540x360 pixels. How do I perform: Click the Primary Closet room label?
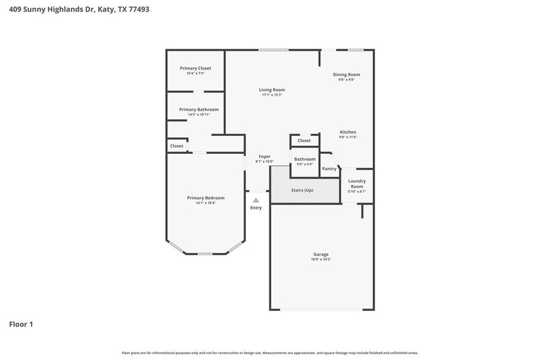tap(195, 68)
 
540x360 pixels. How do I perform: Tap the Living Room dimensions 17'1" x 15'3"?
tap(271, 95)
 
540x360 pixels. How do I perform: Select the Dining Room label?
tap(346, 75)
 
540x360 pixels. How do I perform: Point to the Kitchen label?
tap(348, 132)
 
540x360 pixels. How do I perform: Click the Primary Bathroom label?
tap(198, 110)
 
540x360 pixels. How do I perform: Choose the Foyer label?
tap(264, 157)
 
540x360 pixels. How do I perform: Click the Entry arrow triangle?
tap(256, 200)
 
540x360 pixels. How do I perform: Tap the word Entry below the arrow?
tap(256, 208)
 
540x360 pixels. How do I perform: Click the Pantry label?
tap(329, 169)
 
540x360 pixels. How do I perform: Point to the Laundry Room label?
tap(357, 183)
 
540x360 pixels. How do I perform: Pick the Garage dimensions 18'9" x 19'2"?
tap(321, 260)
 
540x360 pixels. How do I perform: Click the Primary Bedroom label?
tap(206, 198)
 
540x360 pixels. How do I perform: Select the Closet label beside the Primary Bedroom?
tap(176, 146)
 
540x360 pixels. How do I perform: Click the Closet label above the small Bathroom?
tap(304, 141)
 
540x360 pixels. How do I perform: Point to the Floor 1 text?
tap(21, 324)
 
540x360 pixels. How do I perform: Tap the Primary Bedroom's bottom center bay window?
tap(205, 253)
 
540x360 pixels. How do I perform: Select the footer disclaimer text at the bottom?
tap(269, 353)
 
